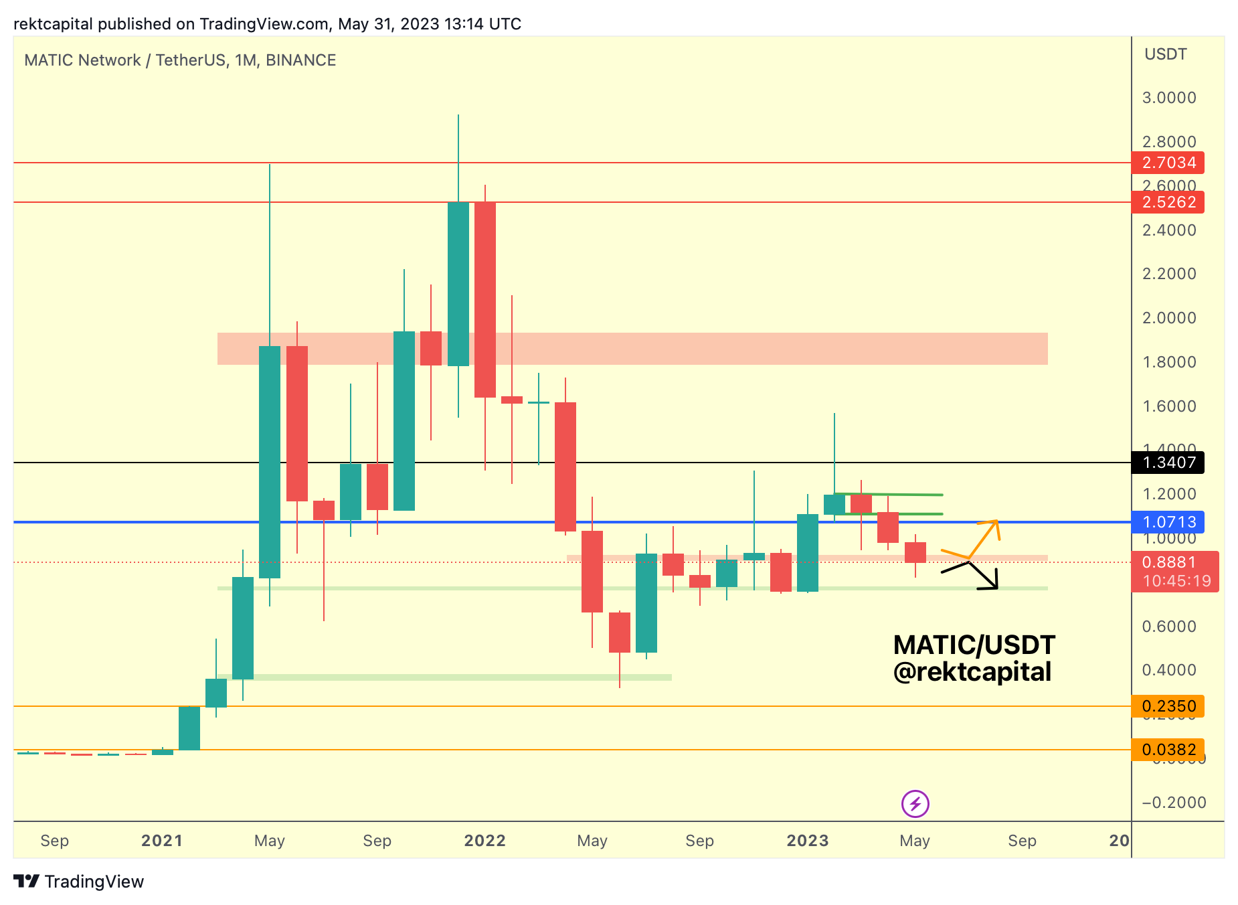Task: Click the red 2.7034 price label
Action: coord(1168,163)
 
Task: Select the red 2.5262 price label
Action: coord(1168,202)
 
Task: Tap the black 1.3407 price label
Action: coord(1168,463)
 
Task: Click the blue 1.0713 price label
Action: coord(1168,522)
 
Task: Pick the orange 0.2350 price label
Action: coord(1168,706)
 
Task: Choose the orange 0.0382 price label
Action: coord(1168,750)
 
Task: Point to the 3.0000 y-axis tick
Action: coord(1169,98)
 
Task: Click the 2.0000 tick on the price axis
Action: coord(1169,318)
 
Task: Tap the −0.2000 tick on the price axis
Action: coord(1174,803)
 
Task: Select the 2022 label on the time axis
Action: coord(485,841)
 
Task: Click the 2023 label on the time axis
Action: coord(808,841)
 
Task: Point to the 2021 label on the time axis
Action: coord(162,841)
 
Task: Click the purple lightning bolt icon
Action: coord(915,804)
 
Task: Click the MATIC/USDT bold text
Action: coord(974,645)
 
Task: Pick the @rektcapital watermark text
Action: coord(972,672)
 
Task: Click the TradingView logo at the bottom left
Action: coord(79,882)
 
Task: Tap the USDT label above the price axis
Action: coord(1166,54)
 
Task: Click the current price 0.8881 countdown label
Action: coord(1175,572)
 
